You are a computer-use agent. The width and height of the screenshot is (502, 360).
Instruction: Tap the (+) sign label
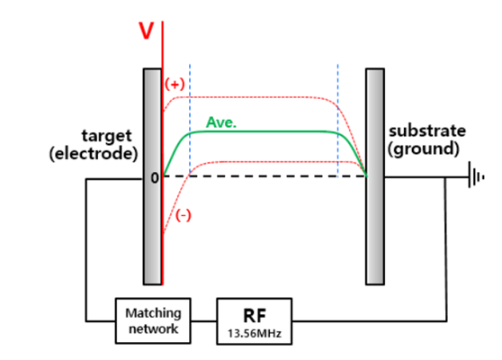point(175,83)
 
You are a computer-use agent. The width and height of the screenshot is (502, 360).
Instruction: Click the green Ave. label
point(221,121)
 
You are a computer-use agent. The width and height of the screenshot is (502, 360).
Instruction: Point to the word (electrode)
point(94,153)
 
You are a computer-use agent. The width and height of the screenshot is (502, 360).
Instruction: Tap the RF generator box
point(254,320)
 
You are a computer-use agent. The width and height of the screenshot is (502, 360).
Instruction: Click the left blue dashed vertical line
point(190,117)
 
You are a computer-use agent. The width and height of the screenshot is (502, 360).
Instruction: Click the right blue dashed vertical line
point(337,117)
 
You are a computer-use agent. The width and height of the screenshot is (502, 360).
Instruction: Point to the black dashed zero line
point(270,177)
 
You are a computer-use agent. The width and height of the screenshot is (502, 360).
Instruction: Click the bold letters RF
point(254,314)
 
